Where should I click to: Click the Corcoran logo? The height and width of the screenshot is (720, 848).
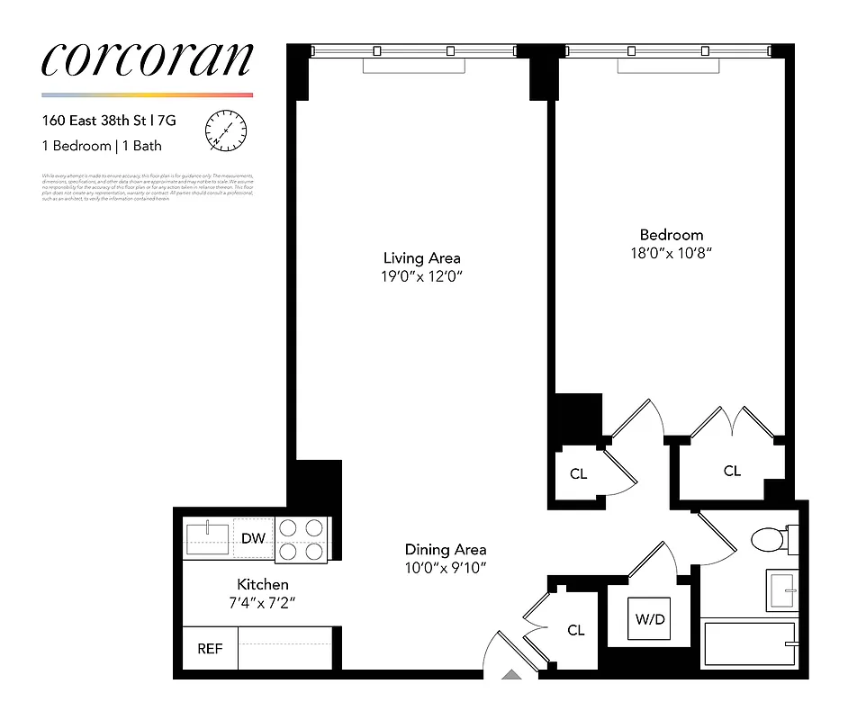(147, 59)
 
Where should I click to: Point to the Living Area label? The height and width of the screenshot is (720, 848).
(421, 258)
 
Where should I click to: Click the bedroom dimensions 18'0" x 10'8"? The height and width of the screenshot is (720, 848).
(671, 254)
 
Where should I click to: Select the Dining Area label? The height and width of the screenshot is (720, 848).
(446, 549)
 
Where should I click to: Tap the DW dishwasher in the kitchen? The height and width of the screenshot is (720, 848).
(254, 539)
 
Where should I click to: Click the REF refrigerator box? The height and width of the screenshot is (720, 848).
(210, 648)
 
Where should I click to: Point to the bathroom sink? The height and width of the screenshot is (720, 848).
(781, 589)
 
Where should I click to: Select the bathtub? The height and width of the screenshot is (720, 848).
(749, 644)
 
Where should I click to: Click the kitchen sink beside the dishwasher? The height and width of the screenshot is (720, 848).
(208, 538)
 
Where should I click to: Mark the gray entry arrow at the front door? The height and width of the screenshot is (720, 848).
(510, 673)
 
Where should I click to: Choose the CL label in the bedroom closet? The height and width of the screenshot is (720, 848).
(732, 471)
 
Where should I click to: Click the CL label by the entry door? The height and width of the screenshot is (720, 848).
(576, 631)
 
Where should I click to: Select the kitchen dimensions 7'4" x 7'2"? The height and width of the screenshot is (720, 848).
(263, 602)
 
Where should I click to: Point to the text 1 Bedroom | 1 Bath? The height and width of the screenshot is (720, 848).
(102, 146)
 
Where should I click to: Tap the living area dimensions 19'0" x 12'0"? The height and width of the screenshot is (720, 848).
(421, 276)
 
